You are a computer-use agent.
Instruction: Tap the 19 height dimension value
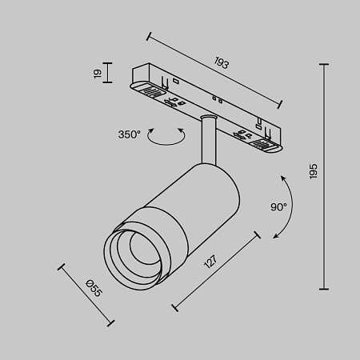98,74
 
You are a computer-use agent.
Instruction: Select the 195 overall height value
314,170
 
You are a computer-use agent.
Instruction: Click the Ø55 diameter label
93,286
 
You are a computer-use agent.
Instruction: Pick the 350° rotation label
131,134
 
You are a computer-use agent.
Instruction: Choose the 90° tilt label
278,206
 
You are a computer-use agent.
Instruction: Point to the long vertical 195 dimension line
324,176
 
